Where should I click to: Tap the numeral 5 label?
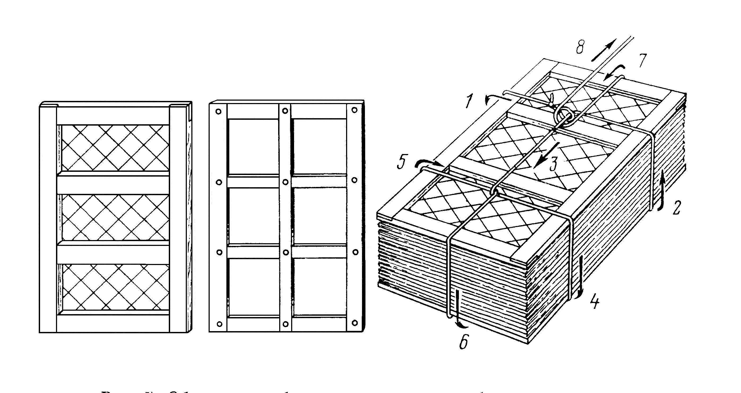pos(402,163)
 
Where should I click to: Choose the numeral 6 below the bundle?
pos(463,342)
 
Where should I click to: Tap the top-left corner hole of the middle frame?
pos(219,111)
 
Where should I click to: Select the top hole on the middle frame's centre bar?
pos(285,111)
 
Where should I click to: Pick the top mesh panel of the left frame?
pos(115,148)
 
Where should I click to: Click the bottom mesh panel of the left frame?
pos(115,287)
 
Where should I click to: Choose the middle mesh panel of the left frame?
pos(115,217)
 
